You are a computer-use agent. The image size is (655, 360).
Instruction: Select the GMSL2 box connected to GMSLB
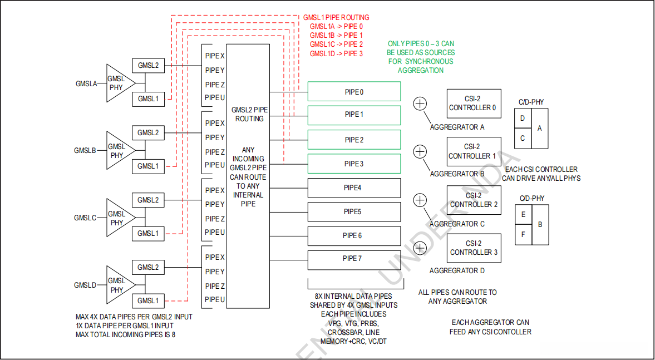pos(148,133)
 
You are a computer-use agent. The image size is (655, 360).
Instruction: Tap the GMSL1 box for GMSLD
pos(148,301)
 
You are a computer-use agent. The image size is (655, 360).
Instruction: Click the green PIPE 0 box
pos(354,92)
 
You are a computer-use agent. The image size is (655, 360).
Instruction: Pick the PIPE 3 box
pos(354,164)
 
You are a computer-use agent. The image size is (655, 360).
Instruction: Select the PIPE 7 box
pos(354,259)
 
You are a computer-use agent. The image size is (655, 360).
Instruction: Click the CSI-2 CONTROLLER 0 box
pos(474,103)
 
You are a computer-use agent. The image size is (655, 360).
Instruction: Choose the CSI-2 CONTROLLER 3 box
pos(474,248)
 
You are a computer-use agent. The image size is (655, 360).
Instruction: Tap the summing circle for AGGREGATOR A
pos(420,103)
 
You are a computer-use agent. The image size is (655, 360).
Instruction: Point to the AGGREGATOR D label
pos(457,271)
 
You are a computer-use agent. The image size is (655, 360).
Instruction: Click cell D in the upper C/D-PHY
pos(523,119)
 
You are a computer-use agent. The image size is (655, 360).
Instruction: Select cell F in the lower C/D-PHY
pos(523,235)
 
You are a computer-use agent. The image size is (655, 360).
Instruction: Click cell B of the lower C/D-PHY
pos(540,225)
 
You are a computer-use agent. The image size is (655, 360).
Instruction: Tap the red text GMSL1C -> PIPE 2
pos(336,45)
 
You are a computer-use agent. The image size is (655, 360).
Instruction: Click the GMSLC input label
pos(86,218)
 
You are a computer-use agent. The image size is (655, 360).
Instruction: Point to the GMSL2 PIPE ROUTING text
pos(248,115)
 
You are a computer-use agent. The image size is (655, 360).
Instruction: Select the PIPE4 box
pos(354,188)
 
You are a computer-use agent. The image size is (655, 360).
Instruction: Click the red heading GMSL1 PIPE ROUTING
pos(336,17)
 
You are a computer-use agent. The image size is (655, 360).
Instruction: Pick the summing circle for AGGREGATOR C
pos(420,200)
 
